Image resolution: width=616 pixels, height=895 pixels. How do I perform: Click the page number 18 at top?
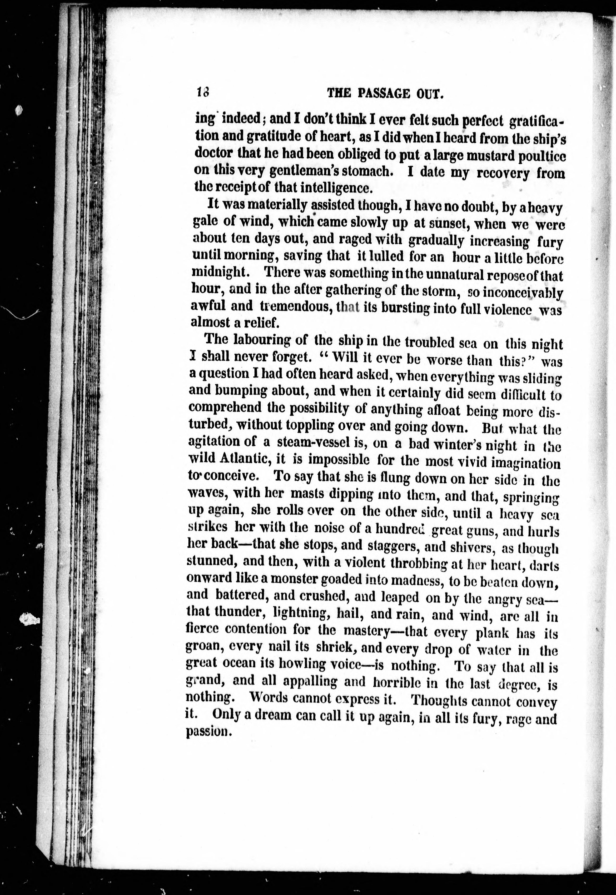tap(202, 93)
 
